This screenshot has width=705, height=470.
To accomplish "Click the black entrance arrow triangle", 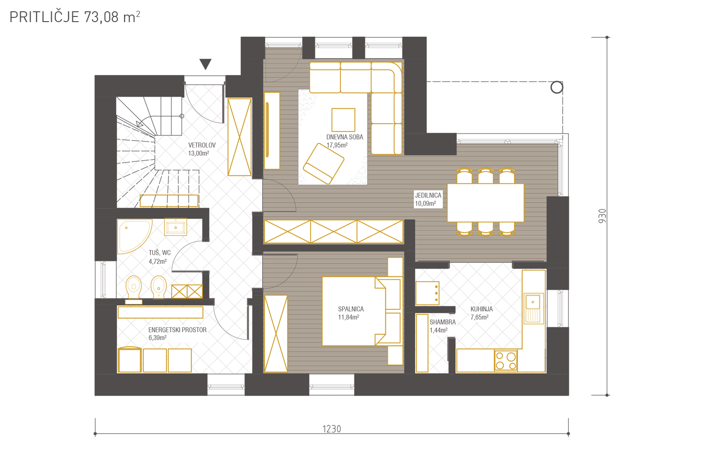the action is [x=205, y=63].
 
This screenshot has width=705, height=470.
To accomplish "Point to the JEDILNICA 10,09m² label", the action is [x=428, y=199].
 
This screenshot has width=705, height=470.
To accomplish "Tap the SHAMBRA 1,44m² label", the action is [x=443, y=326].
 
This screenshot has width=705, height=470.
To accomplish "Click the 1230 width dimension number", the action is [x=332, y=429].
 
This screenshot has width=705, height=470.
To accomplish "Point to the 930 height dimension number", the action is [x=602, y=216].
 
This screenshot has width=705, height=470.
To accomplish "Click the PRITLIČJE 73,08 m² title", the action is [x=75, y=17].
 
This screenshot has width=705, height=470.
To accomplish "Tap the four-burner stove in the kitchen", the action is [x=505, y=361].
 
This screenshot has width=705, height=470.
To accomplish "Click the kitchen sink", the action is [x=533, y=308].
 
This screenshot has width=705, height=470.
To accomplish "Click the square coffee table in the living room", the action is [x=343, y=120].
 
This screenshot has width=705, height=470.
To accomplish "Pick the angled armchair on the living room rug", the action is [x=323, y=164].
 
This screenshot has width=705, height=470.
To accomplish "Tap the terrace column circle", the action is [x=556, y=87].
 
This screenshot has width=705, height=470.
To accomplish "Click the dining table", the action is [x=486, y=203].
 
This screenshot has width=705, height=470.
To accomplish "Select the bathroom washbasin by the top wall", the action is [x=176, y=227].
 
